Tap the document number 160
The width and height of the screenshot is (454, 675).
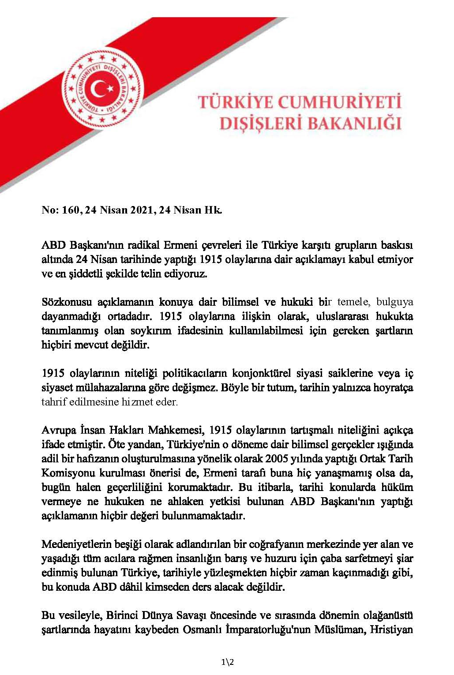(71, 210)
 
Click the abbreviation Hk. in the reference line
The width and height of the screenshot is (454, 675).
(212, 210)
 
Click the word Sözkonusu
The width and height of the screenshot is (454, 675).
(67, 302)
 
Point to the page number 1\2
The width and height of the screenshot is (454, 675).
(227, 662)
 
